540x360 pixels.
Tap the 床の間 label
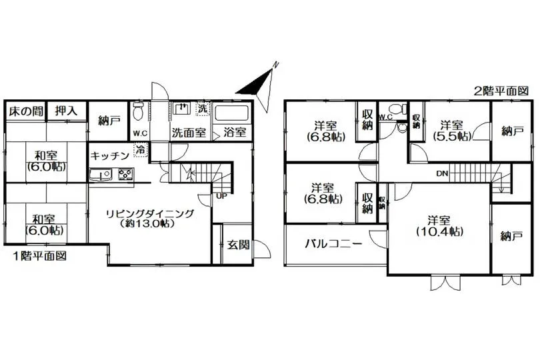click(26, 111)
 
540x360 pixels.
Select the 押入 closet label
click(67, 111)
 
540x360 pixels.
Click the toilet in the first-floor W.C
click(138, 110)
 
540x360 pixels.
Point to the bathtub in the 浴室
click(231, 113)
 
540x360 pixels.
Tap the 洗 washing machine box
click(203, 109)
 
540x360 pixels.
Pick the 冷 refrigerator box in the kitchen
click(141, 150)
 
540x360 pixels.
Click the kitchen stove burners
click(126, 174)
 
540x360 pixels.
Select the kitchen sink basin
click(101, 174)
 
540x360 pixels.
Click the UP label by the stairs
click(222, 197)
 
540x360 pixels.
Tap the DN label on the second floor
click(442, 173)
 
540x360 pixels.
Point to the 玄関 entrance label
click(238, 245)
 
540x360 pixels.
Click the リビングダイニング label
click(150, 213)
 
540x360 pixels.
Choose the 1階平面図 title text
click(39, 256)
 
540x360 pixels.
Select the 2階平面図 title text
click(501, 91)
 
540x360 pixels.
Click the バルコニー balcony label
click(334, 244)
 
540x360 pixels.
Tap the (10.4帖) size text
click(439, 231)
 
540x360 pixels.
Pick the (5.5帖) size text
click(452, 136)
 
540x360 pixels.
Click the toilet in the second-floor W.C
click(399, 109)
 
